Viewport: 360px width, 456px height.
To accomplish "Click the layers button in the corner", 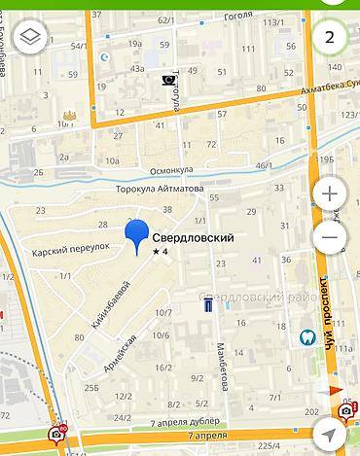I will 30,38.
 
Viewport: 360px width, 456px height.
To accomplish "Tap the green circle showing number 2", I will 331,38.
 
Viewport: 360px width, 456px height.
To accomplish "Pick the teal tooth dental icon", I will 306,336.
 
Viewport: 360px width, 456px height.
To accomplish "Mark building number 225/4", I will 268,445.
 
